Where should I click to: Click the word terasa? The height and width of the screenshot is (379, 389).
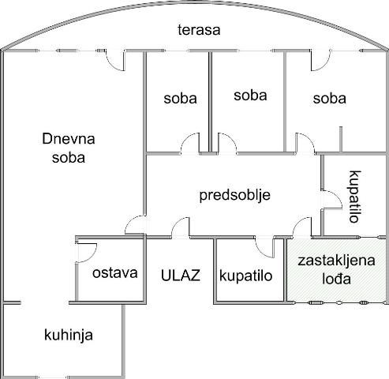pos(199,30)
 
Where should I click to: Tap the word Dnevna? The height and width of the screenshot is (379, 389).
pos(69,139)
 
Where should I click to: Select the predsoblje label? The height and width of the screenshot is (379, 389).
pos(234,196)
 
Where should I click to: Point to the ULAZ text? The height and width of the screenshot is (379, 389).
pos(181,276)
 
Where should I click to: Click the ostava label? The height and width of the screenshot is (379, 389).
pos(115,273)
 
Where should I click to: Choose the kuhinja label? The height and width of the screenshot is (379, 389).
pos(69,335)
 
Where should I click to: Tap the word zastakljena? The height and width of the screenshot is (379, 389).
pos(336,261)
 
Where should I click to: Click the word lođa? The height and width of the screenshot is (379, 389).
pos(337,279)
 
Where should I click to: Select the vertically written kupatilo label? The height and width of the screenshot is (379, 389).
pos(355,197)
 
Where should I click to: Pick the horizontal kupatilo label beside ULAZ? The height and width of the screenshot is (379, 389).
pos(245,276)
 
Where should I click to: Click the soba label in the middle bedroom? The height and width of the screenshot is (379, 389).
pos(250,96)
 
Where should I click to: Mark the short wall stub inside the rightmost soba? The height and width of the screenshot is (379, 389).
pos(341,139)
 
